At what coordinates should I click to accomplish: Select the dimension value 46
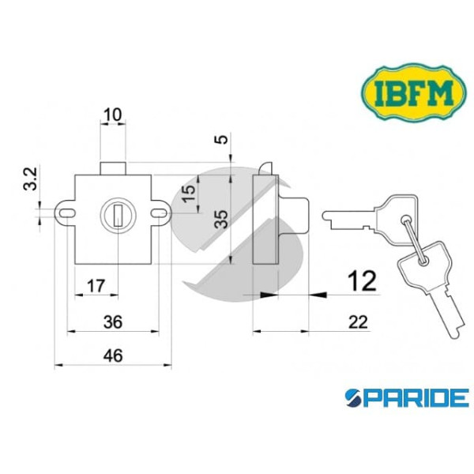[x=112, y=355]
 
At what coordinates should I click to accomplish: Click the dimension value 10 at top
[x=113, y=115]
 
